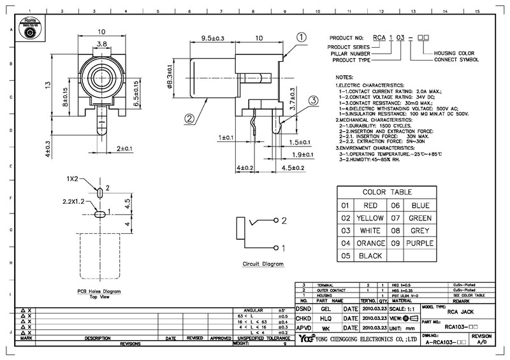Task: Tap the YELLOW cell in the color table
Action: [x=369, y=218]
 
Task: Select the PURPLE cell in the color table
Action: [x=419, y=243]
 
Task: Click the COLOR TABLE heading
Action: [x=387, y=192]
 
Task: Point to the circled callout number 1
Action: [x=301, y=38]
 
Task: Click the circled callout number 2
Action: [x=171, y=118]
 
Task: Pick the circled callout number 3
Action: [x=314, y=100]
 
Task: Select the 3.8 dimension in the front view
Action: [x=101, y=45]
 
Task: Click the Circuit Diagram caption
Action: [x=262, y=264]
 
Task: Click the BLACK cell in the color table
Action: [x=370, y=256]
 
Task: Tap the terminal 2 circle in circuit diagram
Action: [x=276, y=220]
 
